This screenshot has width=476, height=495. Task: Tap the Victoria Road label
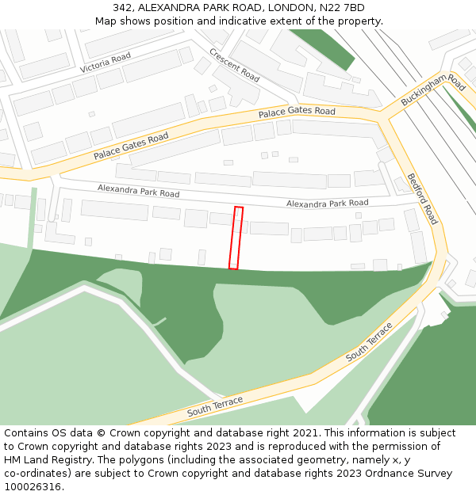(105, 63)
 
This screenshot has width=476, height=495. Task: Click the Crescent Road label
(235, 64)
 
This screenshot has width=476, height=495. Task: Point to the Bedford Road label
(422, 198)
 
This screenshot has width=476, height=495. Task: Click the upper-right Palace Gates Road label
(297, 112)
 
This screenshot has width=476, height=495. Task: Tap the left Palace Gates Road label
(131, 147)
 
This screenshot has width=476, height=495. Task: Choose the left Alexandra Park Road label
(138, 190)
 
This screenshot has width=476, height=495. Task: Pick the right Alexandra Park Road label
(327, 204)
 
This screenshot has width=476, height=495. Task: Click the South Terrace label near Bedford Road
(369, 342)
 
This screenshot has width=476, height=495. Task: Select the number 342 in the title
(122, 8)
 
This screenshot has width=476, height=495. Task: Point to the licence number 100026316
(33, 487)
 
